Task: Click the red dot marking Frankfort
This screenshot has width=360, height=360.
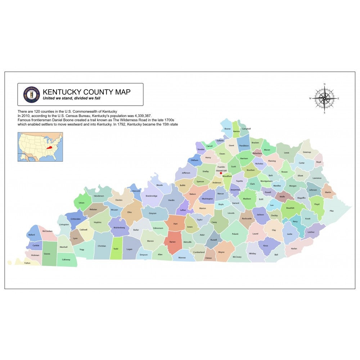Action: (x=221, y=173)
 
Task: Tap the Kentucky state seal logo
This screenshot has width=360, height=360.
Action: (x=31, y=94)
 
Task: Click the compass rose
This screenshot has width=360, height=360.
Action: (x=324, y=98)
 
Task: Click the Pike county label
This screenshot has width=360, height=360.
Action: (x=331, y=211)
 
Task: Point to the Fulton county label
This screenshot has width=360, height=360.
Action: (x=27, y=263)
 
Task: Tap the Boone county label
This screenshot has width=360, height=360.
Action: (x=227, y=129)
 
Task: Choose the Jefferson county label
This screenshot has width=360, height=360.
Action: (x=186, y=173)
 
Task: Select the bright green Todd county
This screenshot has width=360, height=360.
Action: (x=116, y=248)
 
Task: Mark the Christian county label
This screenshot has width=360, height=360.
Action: (x=102, y=246)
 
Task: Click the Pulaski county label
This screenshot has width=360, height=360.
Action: (x=235, y=234)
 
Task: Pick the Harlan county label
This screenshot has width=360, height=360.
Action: (x=294, y=248)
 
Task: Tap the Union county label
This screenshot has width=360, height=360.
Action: (x=81, y=203)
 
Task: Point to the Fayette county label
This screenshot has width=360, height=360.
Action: (x=239, y=181)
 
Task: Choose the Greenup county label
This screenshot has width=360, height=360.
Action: (x=307, y=152)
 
